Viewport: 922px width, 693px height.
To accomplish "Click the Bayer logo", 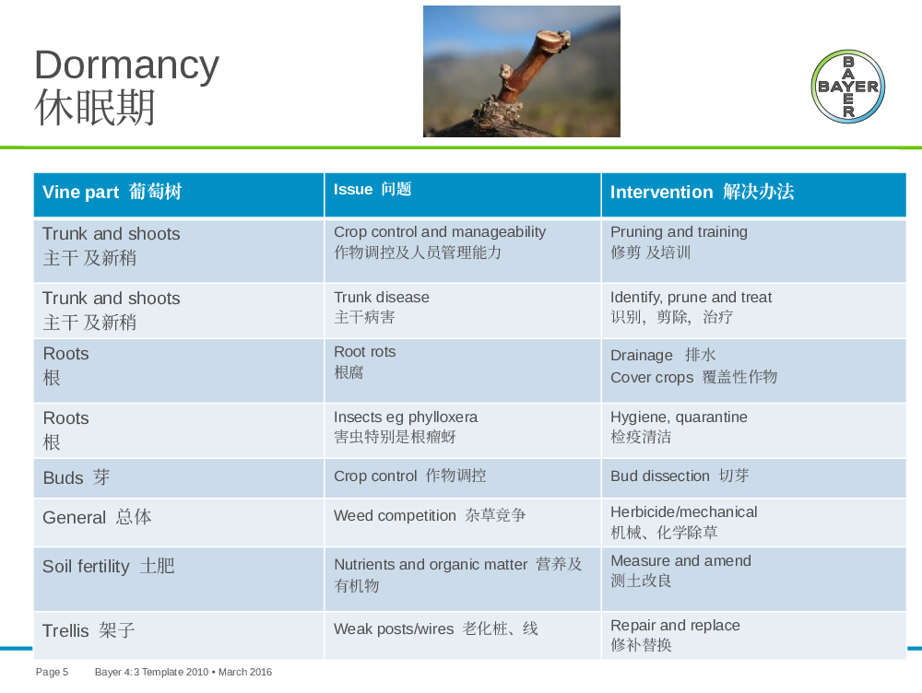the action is (847, 87).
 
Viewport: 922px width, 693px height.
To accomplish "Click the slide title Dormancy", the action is (126, 65).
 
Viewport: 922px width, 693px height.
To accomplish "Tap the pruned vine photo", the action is (522, 71).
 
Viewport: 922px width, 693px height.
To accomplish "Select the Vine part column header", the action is (179, 194).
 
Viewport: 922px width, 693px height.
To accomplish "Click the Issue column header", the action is (463, 194).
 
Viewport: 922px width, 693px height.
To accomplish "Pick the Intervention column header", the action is (754, 194).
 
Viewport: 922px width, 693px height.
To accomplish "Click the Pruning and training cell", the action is (754, 251).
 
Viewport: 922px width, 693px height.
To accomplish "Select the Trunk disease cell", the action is (463, 311).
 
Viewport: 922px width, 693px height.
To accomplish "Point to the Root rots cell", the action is (463, 370).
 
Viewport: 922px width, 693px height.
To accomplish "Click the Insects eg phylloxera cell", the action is (463, 430).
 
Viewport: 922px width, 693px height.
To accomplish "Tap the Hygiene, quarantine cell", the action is (754, 430).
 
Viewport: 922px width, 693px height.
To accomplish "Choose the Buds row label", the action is (77, 477).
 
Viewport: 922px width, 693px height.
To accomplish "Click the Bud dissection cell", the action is (754, 478).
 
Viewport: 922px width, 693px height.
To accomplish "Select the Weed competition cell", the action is (463, 523).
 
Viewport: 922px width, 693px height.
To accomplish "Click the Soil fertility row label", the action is (109, 566).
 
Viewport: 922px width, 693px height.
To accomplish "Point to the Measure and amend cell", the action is (754, 579).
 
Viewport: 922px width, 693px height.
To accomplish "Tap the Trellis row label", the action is (89, 630).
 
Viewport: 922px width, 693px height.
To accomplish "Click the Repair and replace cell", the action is (754, 635).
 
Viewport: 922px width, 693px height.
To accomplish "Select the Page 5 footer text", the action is (52, 672).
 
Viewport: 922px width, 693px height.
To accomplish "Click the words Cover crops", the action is (652, 377).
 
